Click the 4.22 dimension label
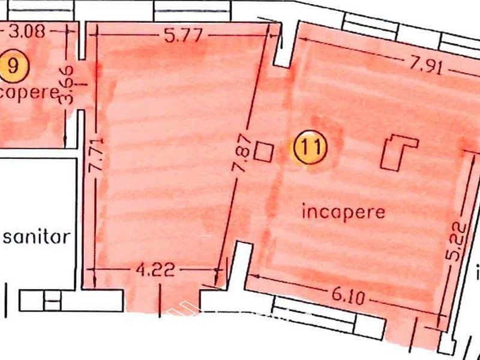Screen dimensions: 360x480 [155, 269]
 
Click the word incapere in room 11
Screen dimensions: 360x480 [343, 211]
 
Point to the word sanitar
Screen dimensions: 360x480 [36, 236]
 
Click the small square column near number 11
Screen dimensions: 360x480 [263, 151]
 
